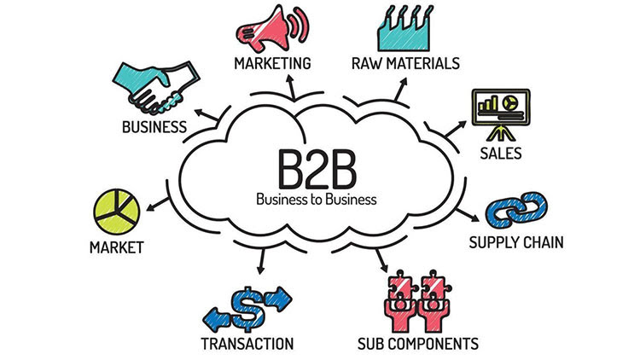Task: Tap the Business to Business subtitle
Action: pos(317,200)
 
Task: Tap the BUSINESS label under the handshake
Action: pos(154,128)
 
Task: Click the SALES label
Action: pos(500,155)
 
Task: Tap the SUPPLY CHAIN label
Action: pos(516,243)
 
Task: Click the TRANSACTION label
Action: pos(247,344)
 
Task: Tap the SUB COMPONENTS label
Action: pos(417,344)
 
